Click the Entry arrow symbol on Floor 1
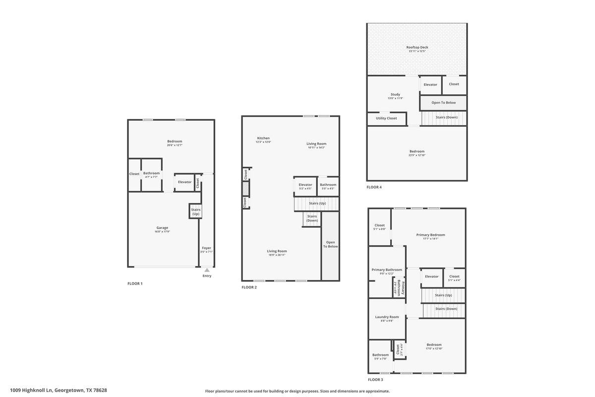(207, 270)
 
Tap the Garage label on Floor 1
(162, 228)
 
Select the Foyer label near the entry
(206, 248)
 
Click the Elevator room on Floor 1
(184, 182)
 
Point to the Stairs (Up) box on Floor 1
(195, 211)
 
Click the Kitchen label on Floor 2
(263, 138)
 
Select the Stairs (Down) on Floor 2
(312, 218)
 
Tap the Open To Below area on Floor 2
(330, 244)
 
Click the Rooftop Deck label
(417, 48)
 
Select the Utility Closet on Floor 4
(386, 119)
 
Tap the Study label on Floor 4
(395, 94)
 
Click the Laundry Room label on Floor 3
(387, 317)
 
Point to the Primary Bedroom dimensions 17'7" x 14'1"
(430, 239)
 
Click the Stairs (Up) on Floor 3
(443, 295)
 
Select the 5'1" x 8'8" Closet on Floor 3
(380, 227)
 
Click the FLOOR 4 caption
(374, 188)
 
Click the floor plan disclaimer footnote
(297, 391)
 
